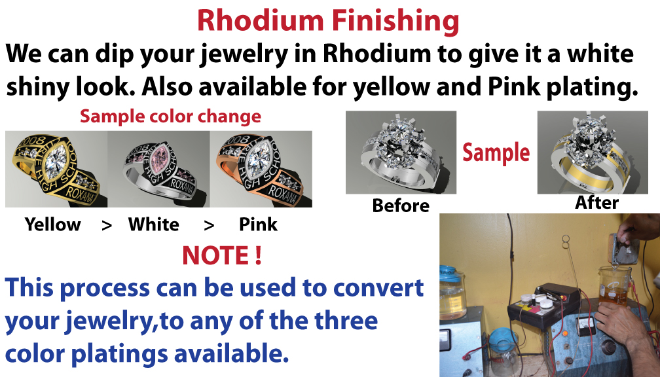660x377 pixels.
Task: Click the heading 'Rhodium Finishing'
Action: [x=328, y=21]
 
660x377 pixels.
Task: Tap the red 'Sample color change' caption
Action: [x=170, y=117]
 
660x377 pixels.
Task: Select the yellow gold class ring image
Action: [x=56, y=169]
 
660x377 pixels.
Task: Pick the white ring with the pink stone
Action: [x=158, y=169]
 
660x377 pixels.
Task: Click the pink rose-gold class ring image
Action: [x=261, y=169]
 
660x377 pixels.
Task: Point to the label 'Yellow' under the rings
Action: [x=52, y=224]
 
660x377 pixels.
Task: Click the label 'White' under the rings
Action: [x=154, y=224]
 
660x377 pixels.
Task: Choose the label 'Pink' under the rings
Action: [x=258, y=224]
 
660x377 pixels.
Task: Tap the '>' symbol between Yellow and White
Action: [x=107, y=226]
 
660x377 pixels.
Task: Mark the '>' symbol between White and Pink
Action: [x=209, y=226]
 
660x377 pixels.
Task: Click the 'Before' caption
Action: [x=401, y=206]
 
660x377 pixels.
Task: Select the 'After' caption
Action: [x=597, y=203]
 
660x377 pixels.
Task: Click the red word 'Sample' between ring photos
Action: [x=496, y=153]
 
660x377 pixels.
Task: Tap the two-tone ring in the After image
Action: [x=593, y=153]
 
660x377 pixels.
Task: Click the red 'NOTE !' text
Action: [x=222, y=255]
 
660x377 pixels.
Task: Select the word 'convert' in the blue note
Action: [x=378, y=288]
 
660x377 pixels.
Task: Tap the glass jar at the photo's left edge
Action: [x=453, y=295]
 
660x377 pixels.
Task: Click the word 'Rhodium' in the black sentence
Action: [x=377, y=54]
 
